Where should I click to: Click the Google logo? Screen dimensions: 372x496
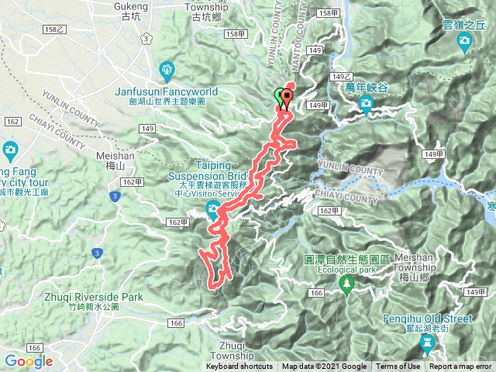point(29,361)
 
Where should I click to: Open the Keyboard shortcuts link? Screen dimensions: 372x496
point(239,367)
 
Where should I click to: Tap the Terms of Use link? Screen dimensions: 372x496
point(398,367)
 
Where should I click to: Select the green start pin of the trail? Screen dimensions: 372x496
point(280,98)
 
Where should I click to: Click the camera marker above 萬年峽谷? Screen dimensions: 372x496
point(365,104)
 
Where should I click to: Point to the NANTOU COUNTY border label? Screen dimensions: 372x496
point(297,23)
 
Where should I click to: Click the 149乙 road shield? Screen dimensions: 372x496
point(340,77)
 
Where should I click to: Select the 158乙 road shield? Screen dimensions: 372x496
point(53,29)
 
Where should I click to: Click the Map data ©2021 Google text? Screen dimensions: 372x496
point(324,367)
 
